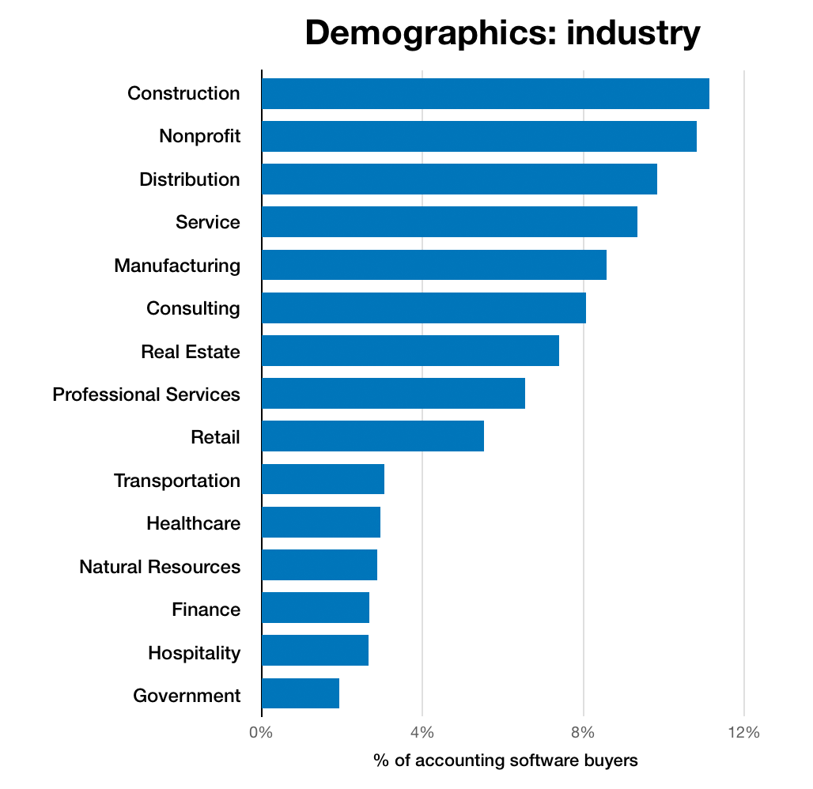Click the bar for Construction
pyautogui.click(x=485, y=93)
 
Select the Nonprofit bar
pyautogui.click(x=478, y=136)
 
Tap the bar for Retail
pyautogui.click(x=372, y=436)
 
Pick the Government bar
pyautogui.click(x=301, y=693)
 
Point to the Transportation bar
pyautogui.click(x=323, y=479)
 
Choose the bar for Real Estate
pyautogui.click(x=410, y=350)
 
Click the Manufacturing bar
pyautogui.click(x=433, y=265)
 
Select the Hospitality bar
pyautogui.click(x=315, y=650)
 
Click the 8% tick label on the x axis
pyautogui.click(x=583, y=732)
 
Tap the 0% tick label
pyautogui.click(x=261, y=732)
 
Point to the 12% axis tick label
pyautogui.click(x=743, y=732)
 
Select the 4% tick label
pyautogui.click(x=422, y=732)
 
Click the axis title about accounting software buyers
pyautogui.click(x=505, y=761)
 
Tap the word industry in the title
pyautogui.click(x=633, y=34)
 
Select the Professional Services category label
pyautogui.click(x=146, y=394)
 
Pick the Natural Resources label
pyautogui.click(x=160, y=566)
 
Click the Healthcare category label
pyautogui.click(x=193, y=523)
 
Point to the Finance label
pyautogui.click(x=206, y=609)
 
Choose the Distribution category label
pyautogui.click(x=189, y=179)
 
